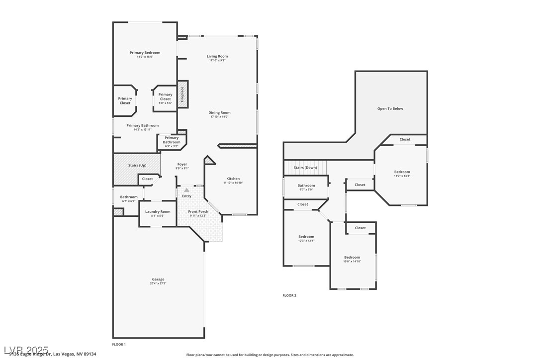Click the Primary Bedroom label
[145, 53]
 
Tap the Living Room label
[217, 56]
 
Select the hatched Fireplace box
[182, 94]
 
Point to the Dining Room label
[219, 113]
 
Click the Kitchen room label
[233, 179]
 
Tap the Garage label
[158, 279]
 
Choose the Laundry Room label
[158, 212]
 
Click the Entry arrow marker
[186, 190]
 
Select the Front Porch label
[198, 212]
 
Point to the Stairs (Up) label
[137, 165]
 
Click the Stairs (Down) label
[305, 168]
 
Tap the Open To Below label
[390, 108]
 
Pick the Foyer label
[182, 164]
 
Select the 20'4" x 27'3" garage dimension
[158, 283]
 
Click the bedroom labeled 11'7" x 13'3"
[402, 172]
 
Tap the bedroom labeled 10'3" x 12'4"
[306, 237]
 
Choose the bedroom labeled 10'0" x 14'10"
[352, 258]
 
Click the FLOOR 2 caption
[289, 295]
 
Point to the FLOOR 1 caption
[119, 344]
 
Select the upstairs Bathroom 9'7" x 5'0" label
[306, 185]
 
